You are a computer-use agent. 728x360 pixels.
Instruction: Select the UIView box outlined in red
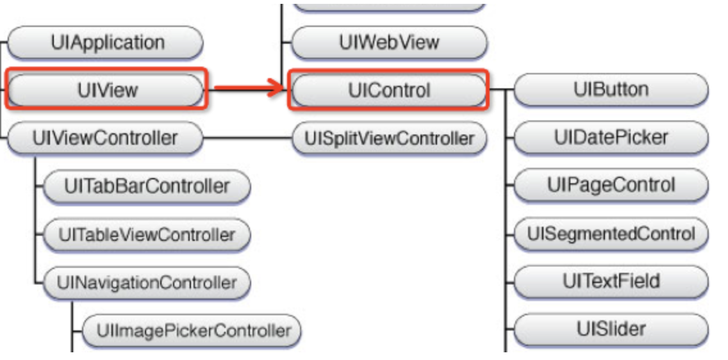coord(106,90)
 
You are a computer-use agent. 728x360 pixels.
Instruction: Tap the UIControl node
coord(388,90)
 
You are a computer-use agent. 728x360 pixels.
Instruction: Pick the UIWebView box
coord(388,43)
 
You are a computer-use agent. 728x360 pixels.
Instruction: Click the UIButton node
coord(611,90)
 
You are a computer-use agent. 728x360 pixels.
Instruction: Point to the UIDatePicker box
coord(611,137)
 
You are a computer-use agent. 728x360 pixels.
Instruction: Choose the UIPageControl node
coord(611,185)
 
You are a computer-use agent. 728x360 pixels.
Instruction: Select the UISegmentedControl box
coord(611,233)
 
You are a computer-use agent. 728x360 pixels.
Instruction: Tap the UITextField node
coord(611,281)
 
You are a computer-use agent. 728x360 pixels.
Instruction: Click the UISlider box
coord(611,329)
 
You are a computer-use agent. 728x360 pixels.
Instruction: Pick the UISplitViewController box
coord(389,138)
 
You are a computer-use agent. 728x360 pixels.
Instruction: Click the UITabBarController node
coord(146,186)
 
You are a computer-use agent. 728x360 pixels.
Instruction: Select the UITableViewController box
coord(146,235)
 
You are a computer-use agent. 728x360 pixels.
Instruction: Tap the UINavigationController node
coord(146,282)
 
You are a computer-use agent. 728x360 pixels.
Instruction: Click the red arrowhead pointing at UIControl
coord(276,90)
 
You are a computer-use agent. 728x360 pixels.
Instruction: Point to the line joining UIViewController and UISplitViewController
coord(247,138)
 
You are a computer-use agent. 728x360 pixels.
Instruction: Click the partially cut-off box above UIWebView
coord(388,5)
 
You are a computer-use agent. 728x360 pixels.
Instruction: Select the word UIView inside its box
coord(106,90)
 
